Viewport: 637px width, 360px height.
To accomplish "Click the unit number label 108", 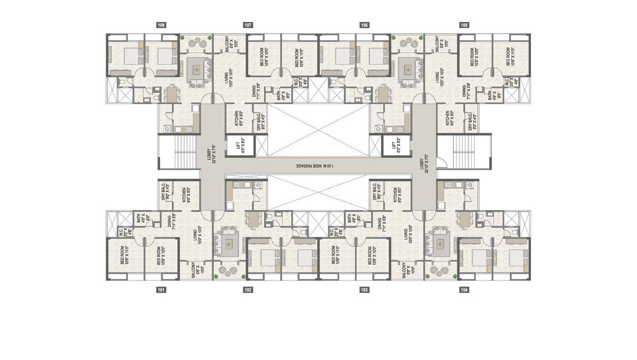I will coord(161,25).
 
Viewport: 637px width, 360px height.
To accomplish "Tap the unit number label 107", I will coord(247,25).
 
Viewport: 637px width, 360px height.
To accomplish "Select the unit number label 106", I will coord(364,25).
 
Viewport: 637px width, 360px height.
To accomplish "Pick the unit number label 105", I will coord(464,25).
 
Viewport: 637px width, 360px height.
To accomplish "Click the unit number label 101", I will coord(161,289).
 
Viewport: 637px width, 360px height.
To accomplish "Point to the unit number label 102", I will coord(247,289).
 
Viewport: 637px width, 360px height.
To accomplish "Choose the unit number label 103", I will coord(364,289).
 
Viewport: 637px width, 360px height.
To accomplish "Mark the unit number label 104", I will coord(464,289).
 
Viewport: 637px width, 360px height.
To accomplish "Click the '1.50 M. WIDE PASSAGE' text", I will coord(317,165).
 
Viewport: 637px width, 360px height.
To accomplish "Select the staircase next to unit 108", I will coord(177,151).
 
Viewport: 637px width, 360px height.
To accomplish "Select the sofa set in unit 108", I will coord(197,72).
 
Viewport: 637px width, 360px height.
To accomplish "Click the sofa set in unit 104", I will coord(438,243).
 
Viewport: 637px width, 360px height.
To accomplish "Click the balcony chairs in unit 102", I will coord(226,270).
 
